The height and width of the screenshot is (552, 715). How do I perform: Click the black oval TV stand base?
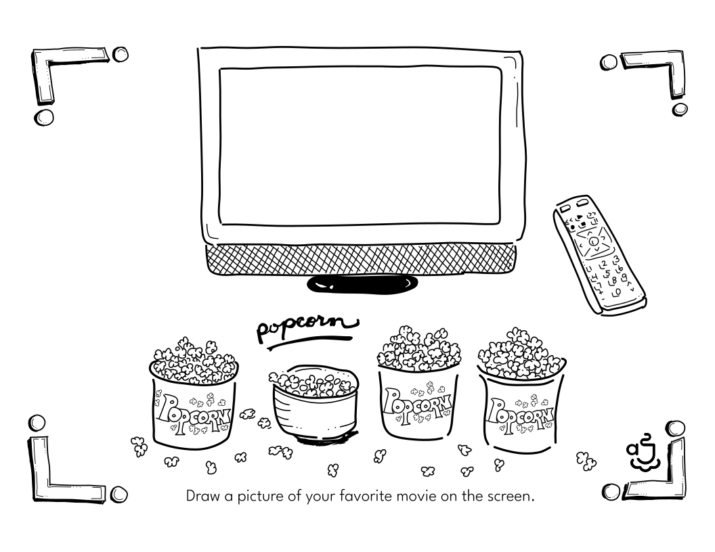coord(362,284)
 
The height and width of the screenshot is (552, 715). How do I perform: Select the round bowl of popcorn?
coord(315,403)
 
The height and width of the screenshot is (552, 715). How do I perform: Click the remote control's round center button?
coord(593,241)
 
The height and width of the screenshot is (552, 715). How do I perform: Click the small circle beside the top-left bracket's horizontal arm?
coord(121,55)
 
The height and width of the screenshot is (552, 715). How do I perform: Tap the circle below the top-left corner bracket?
coord(44,117)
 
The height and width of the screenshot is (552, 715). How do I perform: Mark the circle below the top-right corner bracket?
coord(680,110)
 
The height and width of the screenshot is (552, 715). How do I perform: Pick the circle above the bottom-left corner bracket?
coord(37,423)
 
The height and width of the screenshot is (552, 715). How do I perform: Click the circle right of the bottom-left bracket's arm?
coord(118,494)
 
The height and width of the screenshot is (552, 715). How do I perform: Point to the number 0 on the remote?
coord(617,292)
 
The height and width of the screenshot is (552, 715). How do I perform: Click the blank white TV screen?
coord(360,145)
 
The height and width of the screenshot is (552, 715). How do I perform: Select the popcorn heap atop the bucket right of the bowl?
coord(418,348)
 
